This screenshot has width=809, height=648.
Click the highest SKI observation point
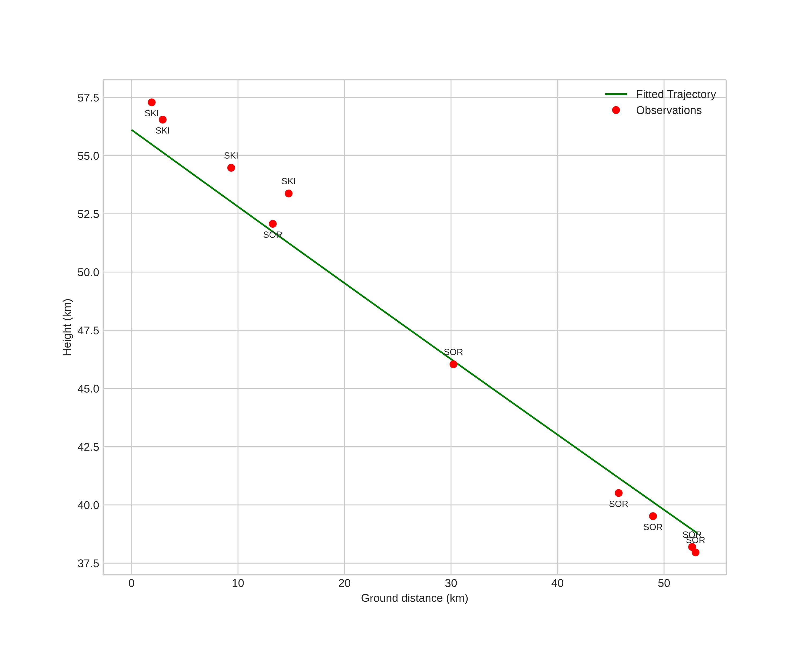(152, 102)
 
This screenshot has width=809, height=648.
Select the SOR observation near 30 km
(453, 364)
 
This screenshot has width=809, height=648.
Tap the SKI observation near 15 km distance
(289, 193)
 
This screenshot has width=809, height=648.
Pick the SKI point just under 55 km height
(231, 168)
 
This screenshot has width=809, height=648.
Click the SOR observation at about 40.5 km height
(618, 493)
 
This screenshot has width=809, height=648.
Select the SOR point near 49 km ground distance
(653, 516)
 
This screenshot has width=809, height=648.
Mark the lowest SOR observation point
(695, 552)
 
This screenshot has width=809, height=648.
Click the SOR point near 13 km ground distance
(273, 224)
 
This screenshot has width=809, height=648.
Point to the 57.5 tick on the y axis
(88, 98)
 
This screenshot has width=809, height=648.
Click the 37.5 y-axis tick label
(88, 563)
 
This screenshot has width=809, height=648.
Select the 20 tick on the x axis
(344, 583)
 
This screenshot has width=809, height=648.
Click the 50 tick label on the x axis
(664, 583)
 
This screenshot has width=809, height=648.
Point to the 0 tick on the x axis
(131, 583)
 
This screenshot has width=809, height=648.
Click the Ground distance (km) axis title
(414, 598)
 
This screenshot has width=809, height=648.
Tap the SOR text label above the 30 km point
(453, 352)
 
